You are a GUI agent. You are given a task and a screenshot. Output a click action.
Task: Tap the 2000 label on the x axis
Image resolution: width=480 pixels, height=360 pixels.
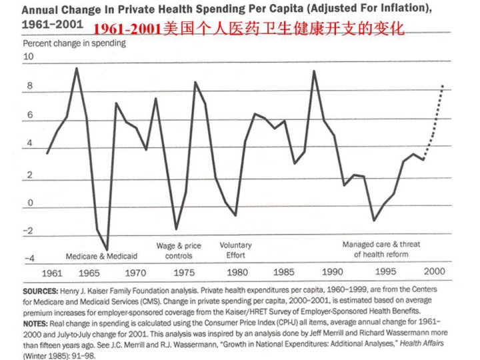434,272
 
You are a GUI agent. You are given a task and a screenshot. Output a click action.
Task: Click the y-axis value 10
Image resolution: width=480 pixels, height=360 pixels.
28,57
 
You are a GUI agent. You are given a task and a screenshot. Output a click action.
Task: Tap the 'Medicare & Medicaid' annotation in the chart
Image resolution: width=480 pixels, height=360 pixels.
101,256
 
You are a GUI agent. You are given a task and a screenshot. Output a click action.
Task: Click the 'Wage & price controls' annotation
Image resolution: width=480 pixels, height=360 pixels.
179,251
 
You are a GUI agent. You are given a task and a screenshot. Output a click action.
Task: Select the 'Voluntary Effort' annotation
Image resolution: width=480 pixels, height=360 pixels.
235,251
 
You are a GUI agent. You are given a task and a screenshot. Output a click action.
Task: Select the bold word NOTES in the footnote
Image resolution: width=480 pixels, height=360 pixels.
38,322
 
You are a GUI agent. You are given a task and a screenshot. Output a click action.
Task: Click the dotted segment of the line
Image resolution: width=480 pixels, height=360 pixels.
435,120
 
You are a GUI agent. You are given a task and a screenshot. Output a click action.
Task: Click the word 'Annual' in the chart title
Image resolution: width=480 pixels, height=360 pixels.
45,9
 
